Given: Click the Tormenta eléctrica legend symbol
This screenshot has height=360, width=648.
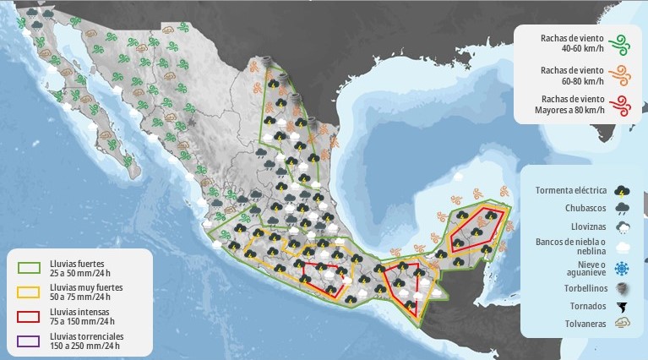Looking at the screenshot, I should point(622,189).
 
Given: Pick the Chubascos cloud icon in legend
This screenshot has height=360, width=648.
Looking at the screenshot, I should point(622,208).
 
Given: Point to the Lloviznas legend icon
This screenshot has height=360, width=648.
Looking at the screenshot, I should point(622,227).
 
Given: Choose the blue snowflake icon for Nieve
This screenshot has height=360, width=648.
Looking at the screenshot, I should point(622,268).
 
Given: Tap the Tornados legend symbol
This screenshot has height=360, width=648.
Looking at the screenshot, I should point(622,305).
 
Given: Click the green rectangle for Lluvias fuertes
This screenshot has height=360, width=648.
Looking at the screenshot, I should point(30,268).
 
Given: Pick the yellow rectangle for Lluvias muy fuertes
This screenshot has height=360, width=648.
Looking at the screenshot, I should point(30,292).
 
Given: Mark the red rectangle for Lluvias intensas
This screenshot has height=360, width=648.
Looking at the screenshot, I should point(30,317).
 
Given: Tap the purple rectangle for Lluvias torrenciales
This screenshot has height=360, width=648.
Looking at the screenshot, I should point(30,341).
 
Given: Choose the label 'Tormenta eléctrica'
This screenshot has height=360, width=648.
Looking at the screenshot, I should point(571,189).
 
